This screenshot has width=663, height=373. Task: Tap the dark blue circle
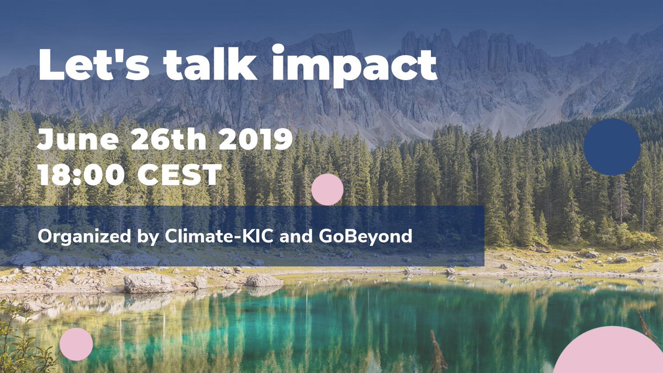pyautogui.click(x=612, y=147)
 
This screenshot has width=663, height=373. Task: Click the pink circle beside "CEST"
pyautogui.click(x=327, y=190)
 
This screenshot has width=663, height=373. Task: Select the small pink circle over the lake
pyautogui.click(x=76, y=344)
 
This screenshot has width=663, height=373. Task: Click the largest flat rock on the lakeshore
pyautogui.click(x=148, y=283)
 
